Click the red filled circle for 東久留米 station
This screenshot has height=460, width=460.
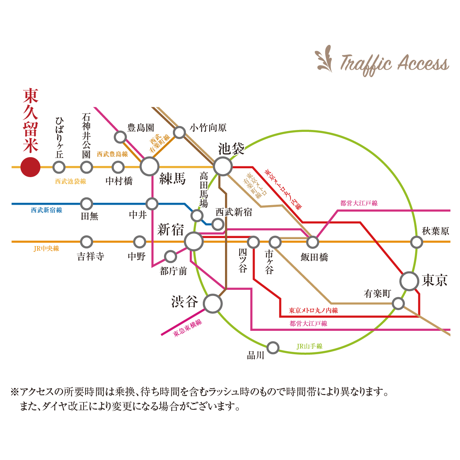click(30, 167)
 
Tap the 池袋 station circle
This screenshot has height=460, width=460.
click(223, 167)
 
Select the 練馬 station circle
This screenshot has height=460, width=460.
click(149, 167)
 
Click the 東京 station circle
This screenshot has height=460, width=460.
click(409, 281)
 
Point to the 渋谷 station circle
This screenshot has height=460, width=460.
click(212, 304)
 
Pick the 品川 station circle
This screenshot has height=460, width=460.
click(273, 348)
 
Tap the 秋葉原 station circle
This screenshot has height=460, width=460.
click(416, 242)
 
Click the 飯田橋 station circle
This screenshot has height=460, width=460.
click(313, 242)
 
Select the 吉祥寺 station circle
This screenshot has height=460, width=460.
click(87, 242)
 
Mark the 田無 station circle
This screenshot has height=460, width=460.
click(87, 204)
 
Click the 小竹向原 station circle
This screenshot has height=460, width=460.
click(179, 132)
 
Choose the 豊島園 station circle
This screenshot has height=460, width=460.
click(120, 136)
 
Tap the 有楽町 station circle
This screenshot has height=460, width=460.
click(398, 304)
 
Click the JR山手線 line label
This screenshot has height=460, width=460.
click(310, 346)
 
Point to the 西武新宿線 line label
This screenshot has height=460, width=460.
click(46, 210)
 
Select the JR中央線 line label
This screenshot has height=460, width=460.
click(46, 248)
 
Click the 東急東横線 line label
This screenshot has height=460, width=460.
click(187, 328)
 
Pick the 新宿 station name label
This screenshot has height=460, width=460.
click(171, 230)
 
